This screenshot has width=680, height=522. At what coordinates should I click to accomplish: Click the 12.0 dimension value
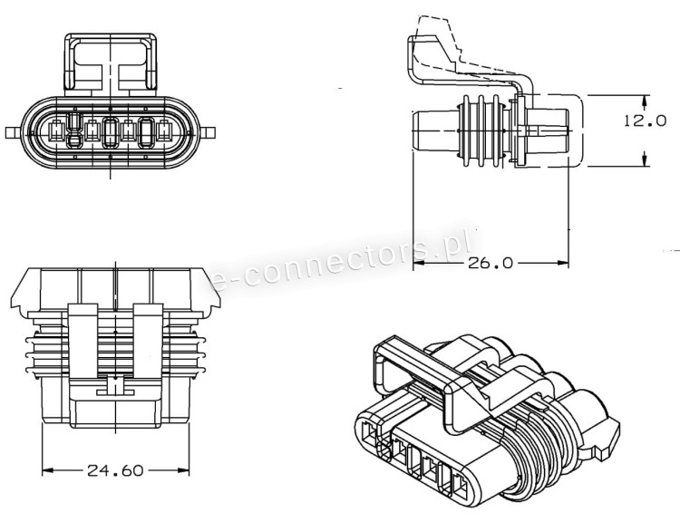(645, 121)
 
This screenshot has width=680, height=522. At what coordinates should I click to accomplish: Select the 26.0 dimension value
(491, 263)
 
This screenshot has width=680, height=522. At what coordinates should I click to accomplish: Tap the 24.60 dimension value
(115, 470)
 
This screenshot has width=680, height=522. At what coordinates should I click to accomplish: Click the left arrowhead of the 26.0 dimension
(419, 263)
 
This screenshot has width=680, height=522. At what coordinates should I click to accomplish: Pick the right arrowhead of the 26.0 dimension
(563, 263)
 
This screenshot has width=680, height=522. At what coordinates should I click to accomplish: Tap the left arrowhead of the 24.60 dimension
(48, 470)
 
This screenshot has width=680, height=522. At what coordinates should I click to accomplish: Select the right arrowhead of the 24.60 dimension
(183, 470)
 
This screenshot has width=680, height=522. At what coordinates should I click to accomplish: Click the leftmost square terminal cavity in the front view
(56, 130)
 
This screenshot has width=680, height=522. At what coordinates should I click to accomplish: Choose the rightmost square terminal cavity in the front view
(164, 130)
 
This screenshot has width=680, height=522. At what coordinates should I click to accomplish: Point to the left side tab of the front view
(13, 132)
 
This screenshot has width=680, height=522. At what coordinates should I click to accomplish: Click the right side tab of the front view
(208, 132)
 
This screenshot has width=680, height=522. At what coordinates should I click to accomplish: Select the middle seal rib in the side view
(481, 130)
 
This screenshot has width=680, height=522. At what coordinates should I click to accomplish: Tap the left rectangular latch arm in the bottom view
(83, 341)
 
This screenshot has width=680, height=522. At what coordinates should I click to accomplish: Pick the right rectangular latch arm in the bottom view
(148, 341)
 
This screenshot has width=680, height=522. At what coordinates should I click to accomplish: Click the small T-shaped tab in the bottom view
(115, 387)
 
